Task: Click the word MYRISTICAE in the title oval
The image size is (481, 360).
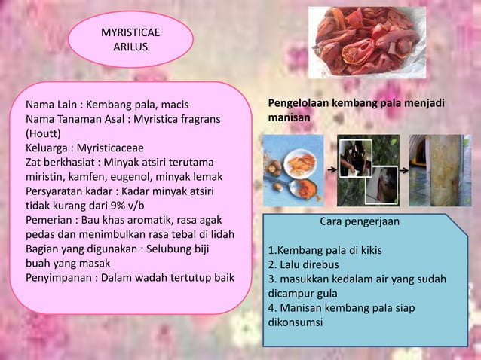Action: point(130,33)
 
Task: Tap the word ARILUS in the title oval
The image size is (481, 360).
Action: point(130,47)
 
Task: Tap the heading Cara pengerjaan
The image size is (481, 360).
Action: point(360,222)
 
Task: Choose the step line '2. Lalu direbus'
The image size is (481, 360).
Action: point(304,264)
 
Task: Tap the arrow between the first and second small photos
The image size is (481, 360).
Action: point(330,170)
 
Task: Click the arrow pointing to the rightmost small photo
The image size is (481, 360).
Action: point(404,170)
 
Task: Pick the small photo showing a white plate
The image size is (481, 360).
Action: point(293,170)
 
